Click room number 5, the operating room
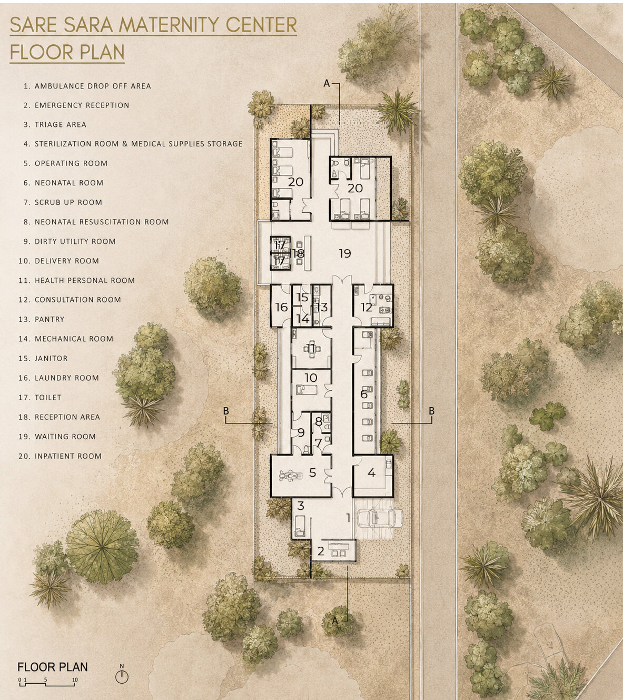(312, 472)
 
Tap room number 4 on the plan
(371, 472)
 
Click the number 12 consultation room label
(366, 307)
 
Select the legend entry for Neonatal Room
(63, 183)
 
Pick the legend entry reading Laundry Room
(59, 378)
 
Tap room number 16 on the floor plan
(282, 307)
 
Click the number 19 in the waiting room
(345, 253)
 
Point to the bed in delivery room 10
(306, 390)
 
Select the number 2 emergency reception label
(321, 551)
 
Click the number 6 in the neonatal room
(363, 394)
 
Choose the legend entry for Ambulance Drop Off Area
(87, 86)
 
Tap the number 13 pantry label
(322, 307)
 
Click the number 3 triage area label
(301, 506)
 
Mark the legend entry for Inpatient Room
(60, 456)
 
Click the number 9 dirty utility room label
(301, 432)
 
